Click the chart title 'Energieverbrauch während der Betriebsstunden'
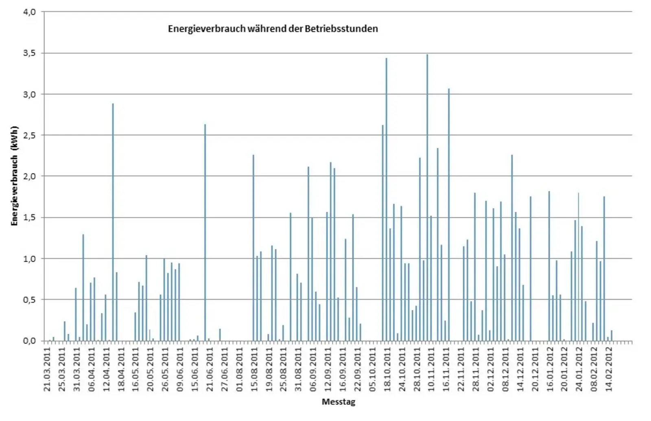(273, 29)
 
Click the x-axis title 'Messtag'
(338, 402)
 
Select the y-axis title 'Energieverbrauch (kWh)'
(14, 176)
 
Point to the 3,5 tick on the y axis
(29, 53)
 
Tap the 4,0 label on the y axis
(29, 12)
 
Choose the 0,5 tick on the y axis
(29, 300)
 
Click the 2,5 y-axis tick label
(29, 135)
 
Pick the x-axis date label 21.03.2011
(48, 368)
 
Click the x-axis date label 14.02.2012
(609, 368)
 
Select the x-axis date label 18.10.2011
(387, 368)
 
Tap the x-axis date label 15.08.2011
(254, 368)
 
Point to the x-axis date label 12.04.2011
(107, 368)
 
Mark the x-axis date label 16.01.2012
(550, 368)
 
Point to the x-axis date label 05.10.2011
(373, 368)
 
